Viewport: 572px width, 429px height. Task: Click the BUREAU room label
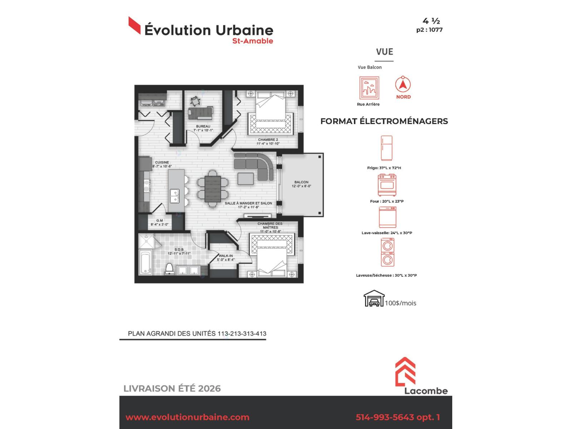point(203,126)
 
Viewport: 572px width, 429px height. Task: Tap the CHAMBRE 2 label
point(268,140)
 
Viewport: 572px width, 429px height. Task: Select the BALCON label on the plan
point(301,182)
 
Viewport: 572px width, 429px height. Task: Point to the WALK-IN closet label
point(226,256)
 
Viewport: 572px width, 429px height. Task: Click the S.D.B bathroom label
point(179,250)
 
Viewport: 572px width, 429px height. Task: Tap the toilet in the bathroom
point(169,269)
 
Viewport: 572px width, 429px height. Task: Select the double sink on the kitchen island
point(174,196)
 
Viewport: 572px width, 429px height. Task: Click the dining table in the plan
point(213,189)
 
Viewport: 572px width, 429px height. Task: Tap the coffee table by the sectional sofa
point(246,179)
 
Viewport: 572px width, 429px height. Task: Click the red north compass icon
point(403,84)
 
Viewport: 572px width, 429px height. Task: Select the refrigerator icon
point(386,148)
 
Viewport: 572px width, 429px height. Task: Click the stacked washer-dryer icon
point(388,252)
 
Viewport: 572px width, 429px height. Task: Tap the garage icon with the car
point(374,299)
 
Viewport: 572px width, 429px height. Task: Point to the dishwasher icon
point(388,217)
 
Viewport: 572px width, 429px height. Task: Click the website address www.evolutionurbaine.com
point(187,417)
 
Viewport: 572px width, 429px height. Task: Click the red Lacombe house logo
point(405,371)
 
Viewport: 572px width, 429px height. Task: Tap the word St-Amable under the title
point(252,41)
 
